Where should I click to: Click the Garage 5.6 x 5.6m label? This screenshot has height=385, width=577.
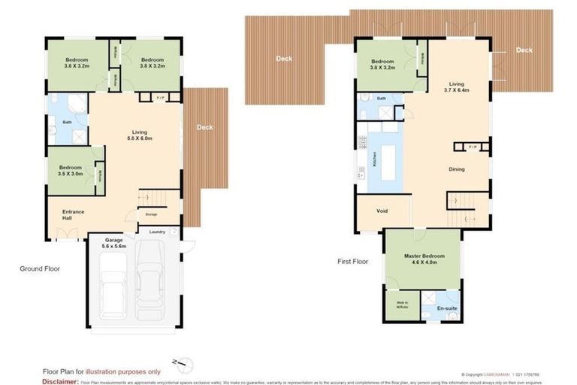(113, 243)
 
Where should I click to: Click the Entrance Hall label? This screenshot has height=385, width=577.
(74, 214)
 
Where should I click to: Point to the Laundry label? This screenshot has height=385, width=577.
(157, 232)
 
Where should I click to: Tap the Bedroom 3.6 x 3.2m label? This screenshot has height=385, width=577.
(77, 62)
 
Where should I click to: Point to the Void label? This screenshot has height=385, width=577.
(382, 211)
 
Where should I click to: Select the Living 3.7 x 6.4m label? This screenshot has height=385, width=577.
(458, 87)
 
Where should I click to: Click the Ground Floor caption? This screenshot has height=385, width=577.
(40, 268)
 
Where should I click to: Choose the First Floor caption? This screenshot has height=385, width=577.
(352, 262)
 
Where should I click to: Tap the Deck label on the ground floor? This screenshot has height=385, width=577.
(204, 128)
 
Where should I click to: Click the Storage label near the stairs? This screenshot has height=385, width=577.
(151, 214)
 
